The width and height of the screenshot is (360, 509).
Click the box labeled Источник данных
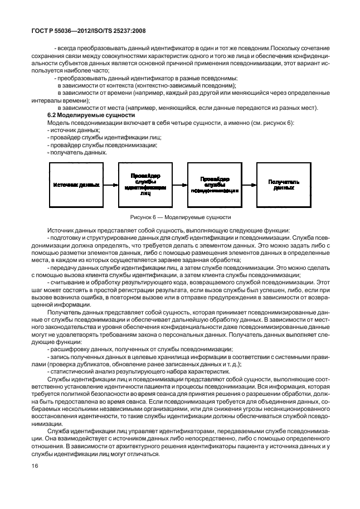(77, 185)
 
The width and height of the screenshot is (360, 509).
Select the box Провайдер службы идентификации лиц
(145, 185)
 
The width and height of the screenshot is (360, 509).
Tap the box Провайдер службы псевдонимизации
(215, 185)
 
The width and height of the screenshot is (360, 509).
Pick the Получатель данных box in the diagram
(284, 185)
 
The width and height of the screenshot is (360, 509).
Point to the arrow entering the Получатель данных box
(249, 185)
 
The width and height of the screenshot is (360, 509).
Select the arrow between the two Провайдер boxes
(180, 185)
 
